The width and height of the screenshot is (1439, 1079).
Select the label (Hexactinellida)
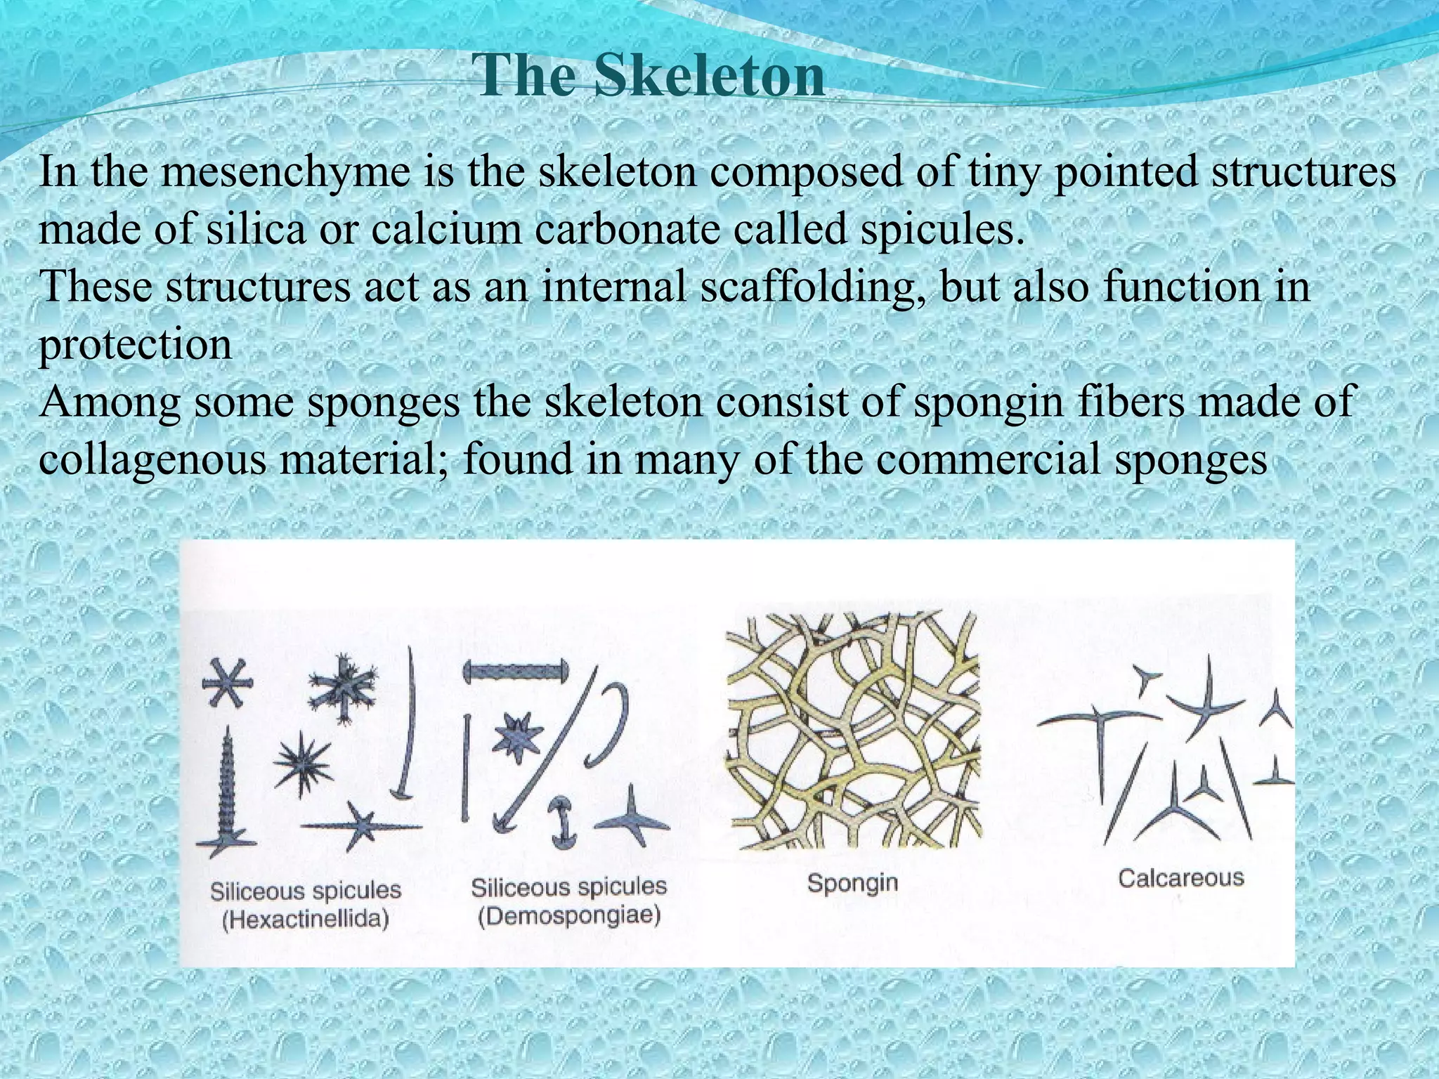point(306,920)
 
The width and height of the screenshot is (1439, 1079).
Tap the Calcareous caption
point(1181,878)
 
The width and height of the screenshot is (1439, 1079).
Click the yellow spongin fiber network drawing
point(852,731)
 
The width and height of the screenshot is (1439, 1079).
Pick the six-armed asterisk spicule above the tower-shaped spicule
point(226,682)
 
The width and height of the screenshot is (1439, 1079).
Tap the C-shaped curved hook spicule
point(608,724)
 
